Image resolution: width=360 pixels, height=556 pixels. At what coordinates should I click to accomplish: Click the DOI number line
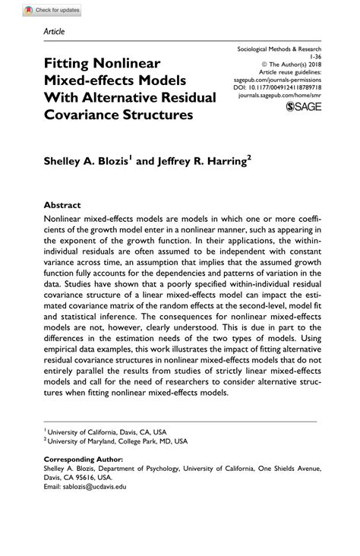coord(288,89)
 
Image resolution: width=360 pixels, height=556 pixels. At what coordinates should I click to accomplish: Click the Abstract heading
coord(62,204)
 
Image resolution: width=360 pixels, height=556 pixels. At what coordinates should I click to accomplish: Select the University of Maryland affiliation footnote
coord(118,440)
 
